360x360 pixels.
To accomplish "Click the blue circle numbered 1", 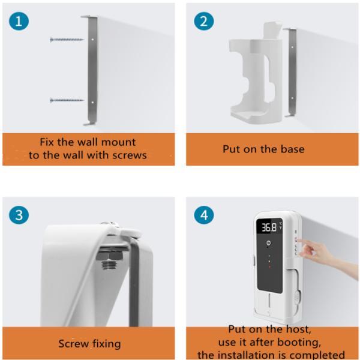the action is tap(19, 22).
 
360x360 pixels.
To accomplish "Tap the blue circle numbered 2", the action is tap(204, 22).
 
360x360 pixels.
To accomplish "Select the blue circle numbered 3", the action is tap(19, 215).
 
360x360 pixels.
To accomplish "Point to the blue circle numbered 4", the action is tap(204, 215).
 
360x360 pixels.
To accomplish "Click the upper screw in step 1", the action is tap(67, 40).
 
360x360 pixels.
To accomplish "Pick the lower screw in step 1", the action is tap(67, 100).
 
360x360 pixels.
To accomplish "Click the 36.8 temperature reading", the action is tap(269, 227).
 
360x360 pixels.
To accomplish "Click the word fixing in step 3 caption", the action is tap(107, 344).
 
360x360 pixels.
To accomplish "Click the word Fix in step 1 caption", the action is tap(47, 142).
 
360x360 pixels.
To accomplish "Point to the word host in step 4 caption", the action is tap(299, 329).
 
